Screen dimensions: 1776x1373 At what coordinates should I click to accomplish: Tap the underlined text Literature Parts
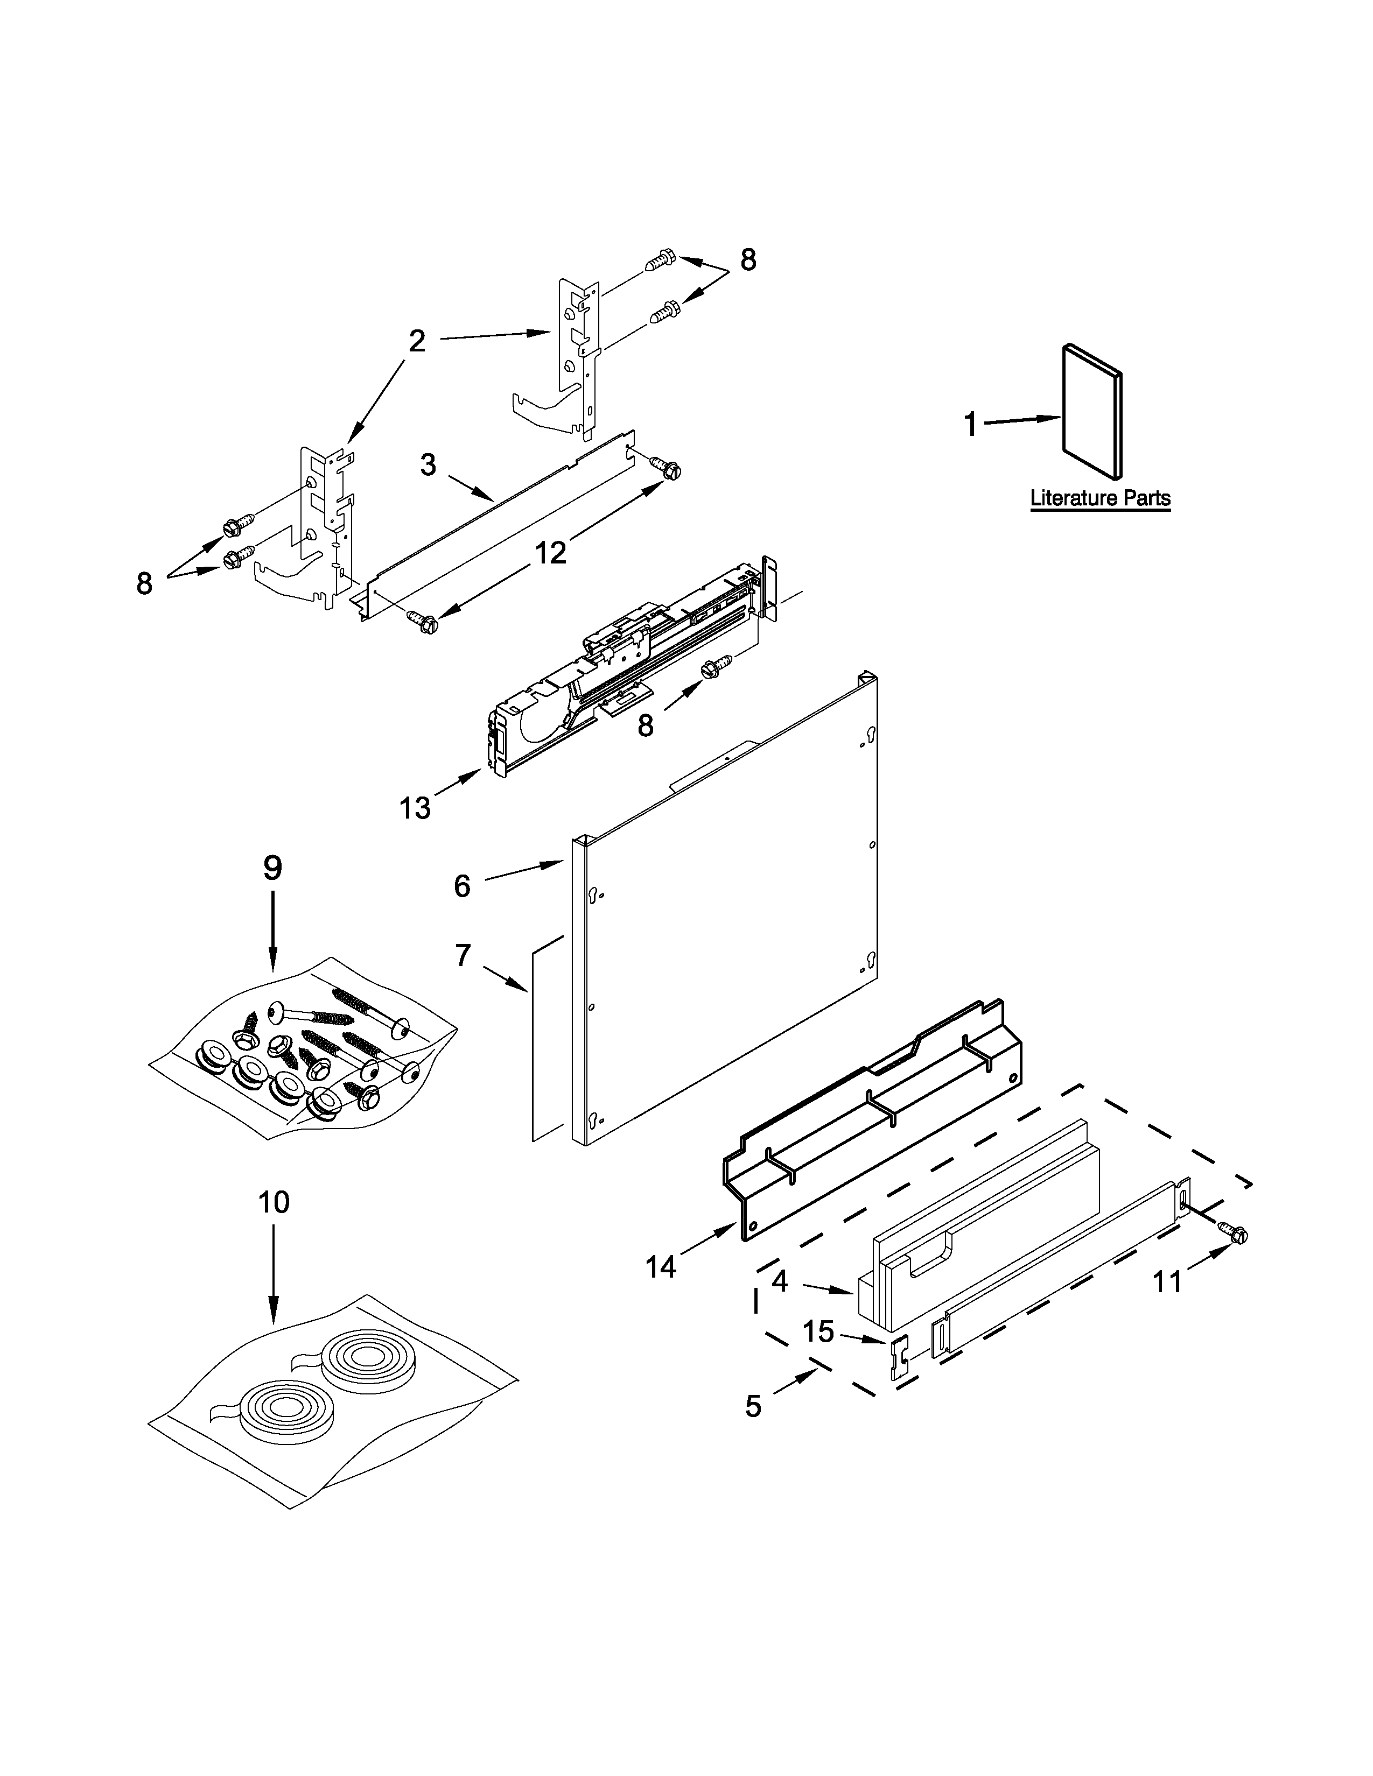[x=1099, y=498]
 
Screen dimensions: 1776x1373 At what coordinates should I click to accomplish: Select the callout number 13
[x=415, y=808]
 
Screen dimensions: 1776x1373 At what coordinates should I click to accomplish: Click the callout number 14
[x=661, y=1266]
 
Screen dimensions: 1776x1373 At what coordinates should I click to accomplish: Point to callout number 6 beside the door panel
[x=462, y=885]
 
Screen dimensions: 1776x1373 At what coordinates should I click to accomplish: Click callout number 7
[x=463, y=955]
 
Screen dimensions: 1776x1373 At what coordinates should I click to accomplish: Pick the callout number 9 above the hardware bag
[x=272, y=869]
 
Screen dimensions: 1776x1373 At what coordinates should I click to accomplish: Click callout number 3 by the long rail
[x=428, y=465]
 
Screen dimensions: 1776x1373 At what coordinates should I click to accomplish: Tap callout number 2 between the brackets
[x=416, y=342]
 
